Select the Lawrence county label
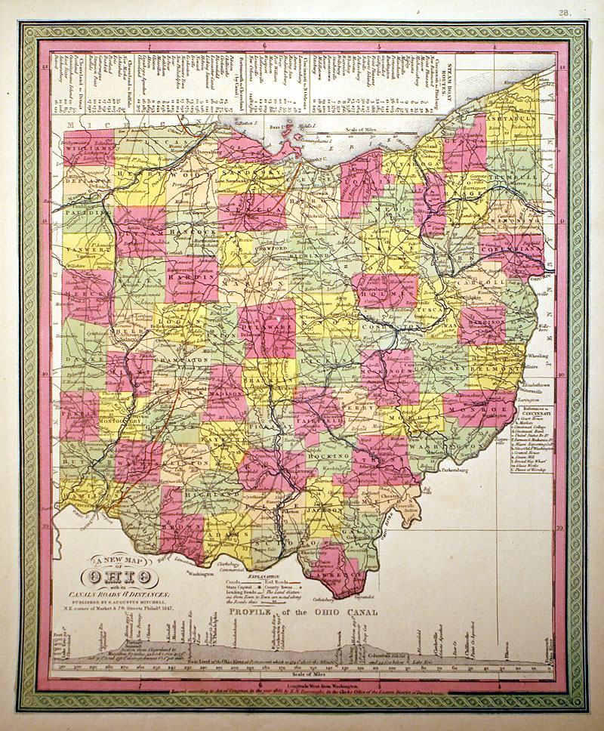337,572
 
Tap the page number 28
565,12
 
